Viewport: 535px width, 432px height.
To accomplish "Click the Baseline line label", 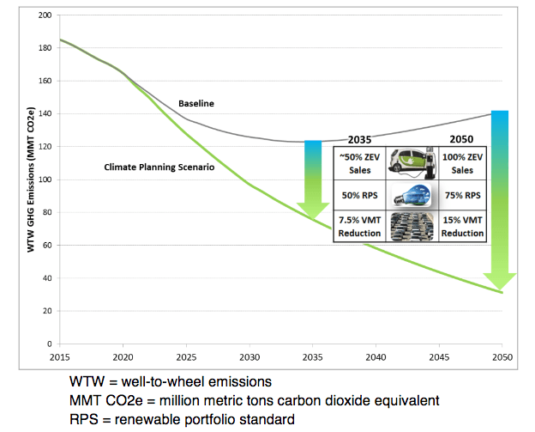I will tap(195, 104).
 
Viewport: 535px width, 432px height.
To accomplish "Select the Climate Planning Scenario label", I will tap(159, 167).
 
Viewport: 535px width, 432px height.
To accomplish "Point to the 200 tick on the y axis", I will tap(44, 15).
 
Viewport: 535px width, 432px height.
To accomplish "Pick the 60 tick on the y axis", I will tap(46, 246).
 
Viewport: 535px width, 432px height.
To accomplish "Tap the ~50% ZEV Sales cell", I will tap(358, 162).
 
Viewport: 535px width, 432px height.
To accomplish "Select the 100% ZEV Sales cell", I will tap(464, 162).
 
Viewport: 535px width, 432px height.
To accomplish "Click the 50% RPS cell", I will tap(358, 195).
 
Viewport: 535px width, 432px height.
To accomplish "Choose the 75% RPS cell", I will tap(464, 195).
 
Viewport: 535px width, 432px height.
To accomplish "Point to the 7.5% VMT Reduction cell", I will tap(358, 228).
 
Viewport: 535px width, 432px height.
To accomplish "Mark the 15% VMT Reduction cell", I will tap(464, 228).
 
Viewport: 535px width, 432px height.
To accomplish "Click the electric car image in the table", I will tap(411, 162).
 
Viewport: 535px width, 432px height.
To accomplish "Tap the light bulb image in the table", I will tap(411, 195).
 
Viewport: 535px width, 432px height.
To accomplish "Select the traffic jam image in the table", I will tap(411, 228).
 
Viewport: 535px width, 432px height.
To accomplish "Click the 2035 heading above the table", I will tap(361, 138).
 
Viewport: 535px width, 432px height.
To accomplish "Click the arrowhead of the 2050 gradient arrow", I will tap(500, 280).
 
